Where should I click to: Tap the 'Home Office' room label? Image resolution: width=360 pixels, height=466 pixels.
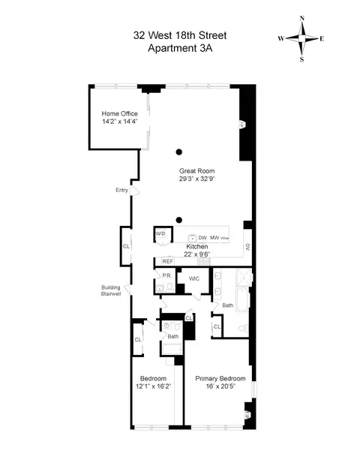(120, 113)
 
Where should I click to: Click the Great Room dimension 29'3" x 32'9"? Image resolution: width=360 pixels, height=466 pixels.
(196, 179)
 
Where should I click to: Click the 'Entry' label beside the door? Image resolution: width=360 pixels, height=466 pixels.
(121, 190)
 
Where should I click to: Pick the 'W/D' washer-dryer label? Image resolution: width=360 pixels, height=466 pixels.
(160, 234)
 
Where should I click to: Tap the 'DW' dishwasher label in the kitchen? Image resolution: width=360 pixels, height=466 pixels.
(202, 238)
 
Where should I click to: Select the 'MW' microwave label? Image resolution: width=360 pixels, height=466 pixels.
(214, 238)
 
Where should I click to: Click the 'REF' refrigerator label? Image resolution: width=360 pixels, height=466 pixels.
(167, 261)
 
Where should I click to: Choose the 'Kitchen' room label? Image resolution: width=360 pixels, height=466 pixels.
(197, 246)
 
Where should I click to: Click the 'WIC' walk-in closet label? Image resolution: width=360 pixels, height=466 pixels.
(194, 278)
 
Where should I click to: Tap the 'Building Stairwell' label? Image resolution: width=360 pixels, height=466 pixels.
(115, 290)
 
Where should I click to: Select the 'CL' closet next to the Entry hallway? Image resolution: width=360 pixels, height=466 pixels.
(126, 246)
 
